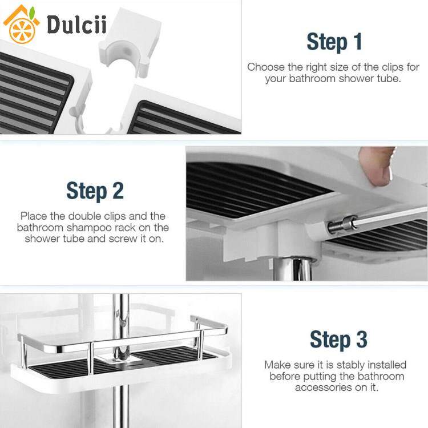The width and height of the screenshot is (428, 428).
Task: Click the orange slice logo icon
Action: [22, 30]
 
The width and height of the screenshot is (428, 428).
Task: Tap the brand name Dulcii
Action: [76, 25]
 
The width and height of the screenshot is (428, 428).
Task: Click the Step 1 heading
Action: [334, 42]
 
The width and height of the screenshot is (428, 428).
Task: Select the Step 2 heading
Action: [95, 191]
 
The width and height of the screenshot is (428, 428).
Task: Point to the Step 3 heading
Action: [338, 340]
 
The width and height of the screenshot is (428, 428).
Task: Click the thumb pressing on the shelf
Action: [377, 167]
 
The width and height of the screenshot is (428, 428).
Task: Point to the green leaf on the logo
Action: [32, 13]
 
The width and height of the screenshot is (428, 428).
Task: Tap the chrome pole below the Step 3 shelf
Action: [120, 409]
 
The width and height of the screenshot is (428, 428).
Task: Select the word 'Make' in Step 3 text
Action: [276, 365]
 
